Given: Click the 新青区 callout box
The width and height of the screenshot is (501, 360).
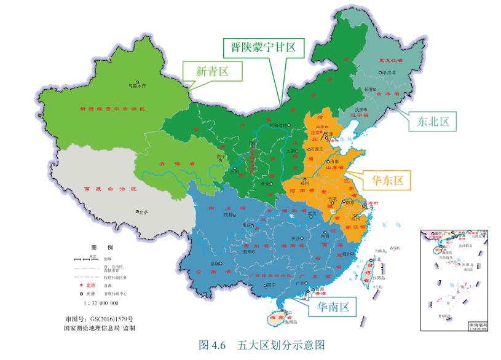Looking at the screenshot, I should tap(212, 71).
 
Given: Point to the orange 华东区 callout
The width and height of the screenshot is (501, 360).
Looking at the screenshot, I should tap(387, 180).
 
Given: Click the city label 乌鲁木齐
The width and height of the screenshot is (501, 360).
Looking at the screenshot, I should tap(138, 87).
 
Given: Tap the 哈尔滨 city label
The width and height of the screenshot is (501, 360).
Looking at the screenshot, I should tap(388, 72).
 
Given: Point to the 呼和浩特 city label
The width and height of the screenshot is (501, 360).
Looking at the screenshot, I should tap(278, 125).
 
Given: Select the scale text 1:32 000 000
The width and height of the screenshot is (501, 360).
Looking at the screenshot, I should tap(100, 303).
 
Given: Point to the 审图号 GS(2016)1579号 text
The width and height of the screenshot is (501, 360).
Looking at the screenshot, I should tap(99, 319).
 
